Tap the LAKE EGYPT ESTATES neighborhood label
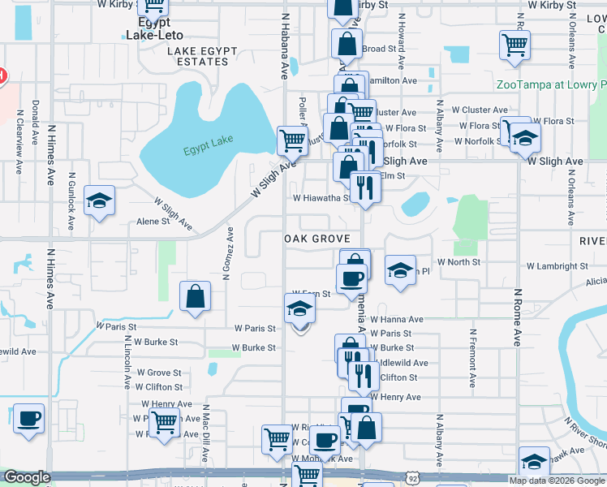(x=202, y=56)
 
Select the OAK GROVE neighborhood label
(x=317, y=239)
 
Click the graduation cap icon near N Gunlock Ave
(x=99, y=201)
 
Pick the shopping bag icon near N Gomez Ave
(x=196, y=297)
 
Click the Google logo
(x=27, y=477)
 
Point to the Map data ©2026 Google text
(x=557, y=481)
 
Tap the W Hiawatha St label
(x=321, y=197)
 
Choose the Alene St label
(x=153, y=221)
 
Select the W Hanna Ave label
(x=397, y=320)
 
